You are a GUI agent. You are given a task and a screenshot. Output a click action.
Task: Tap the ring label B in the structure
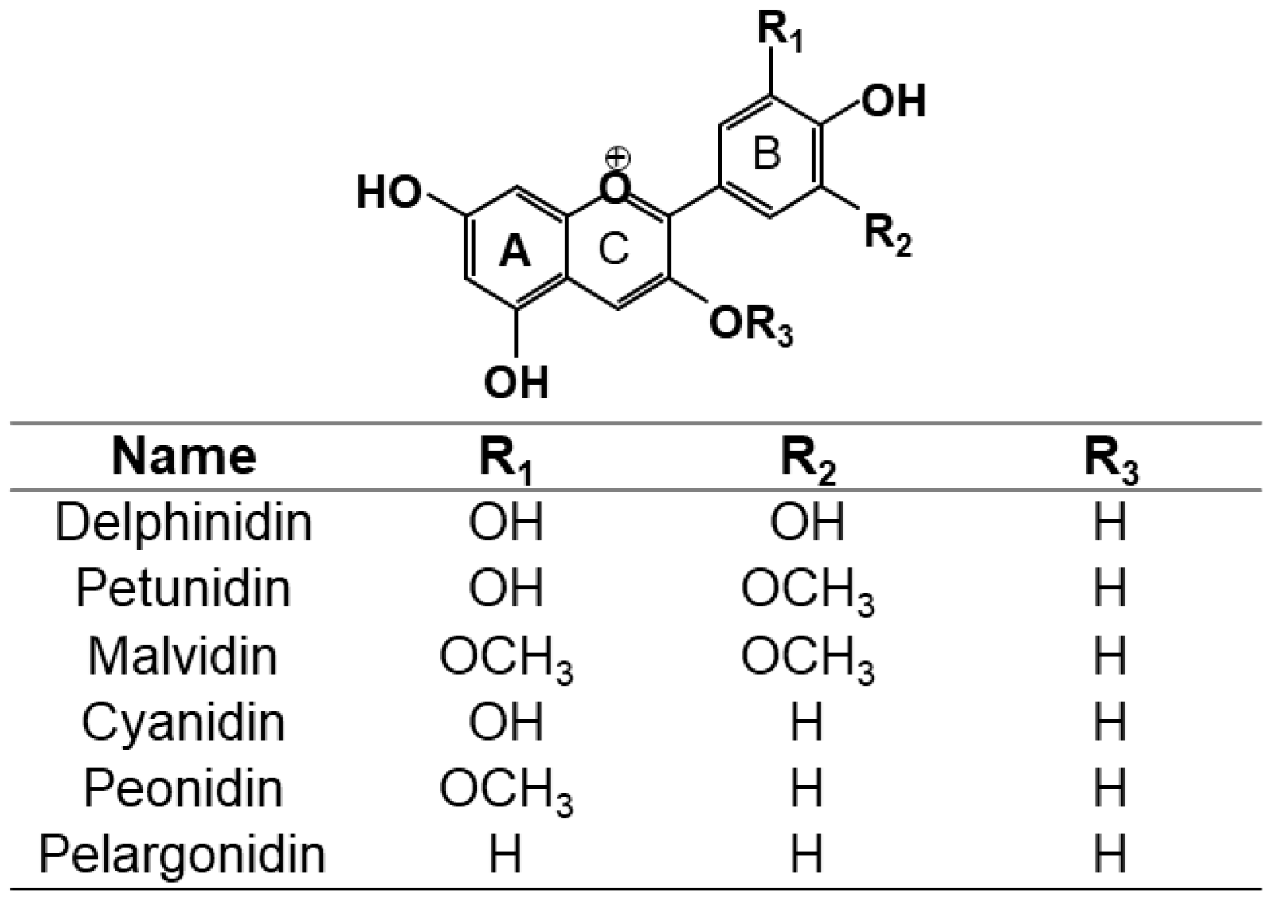pyautogui.click(x=766, y=154)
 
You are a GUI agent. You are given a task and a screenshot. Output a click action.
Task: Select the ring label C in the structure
pyautogui.click(x=613, y=249)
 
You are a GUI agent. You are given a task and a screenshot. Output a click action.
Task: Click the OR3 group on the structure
pyautogui.click(x=750, y=326)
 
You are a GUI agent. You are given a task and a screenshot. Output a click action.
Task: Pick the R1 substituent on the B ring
pyautogui.click(x=778, y=31)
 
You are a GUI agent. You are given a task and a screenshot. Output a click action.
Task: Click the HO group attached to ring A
pyautogui.click(x=389, y=193)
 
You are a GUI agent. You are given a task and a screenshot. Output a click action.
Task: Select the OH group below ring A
pyautogui.click(x=516, y=382)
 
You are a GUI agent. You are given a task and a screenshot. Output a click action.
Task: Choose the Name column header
pyautogui.click(x=184, y=456)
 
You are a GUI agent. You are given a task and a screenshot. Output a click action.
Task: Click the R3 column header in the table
pyautogui.click(x=1110, y=460)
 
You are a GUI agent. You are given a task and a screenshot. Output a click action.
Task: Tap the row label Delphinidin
pyautogui.click(x=183, y=523)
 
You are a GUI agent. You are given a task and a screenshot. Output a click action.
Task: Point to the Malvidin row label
pyautogui.click(x=183, y=656)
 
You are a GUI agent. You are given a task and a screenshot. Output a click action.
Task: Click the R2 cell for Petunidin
pyautogui.click(x=807, y=590)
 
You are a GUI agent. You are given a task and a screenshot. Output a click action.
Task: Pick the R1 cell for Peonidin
pyautogui.click(x=506, y=790)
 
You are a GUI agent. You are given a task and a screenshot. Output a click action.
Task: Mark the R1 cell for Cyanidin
pyautogui.click(x=506, y=723)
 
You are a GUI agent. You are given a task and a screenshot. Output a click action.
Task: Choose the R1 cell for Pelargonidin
pyautogui.click(x=506, y=855)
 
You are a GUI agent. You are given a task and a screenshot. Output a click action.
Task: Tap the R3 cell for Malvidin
pyautogui.click(x=1110, y=656)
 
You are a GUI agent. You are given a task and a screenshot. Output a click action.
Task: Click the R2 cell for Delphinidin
pyautogui.click(x=806, y=523)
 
